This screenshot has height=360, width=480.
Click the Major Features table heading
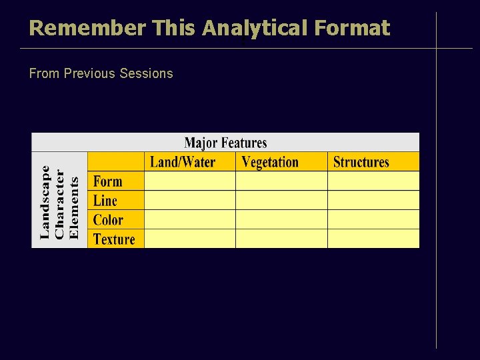(x=225, y=143)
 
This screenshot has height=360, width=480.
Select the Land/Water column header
(x=183, y=162)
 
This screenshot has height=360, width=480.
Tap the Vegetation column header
(x=270, y=162)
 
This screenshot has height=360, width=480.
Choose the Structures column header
(x=361, y=162)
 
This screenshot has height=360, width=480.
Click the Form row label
(x=107, y=181)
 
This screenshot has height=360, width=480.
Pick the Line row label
(x=105, y=201)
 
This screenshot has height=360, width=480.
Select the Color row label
(x=108, y=220)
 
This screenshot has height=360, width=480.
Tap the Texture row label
(x=114, y=239)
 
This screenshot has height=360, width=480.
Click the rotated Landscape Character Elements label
(x=59, y=201)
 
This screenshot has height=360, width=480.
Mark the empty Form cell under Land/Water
(x=190, y=181)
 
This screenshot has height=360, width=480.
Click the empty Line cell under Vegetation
(x=281, y=201)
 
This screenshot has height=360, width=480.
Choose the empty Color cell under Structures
(x=373, y=220)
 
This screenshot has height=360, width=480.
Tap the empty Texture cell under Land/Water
(x=190, y=239)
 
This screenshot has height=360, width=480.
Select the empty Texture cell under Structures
(x=373, y=239)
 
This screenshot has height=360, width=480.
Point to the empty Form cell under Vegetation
(x=281, y=181)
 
